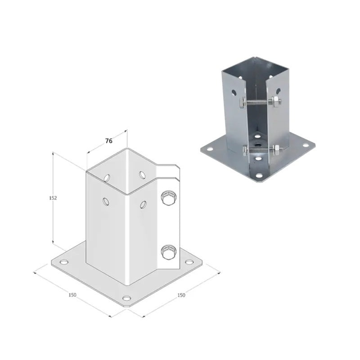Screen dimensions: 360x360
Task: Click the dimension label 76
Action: point(109,141)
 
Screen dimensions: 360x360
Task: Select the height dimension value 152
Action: point(53,198)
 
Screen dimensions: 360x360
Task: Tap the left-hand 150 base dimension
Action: point(72,295)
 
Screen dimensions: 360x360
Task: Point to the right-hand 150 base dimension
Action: point(181,295)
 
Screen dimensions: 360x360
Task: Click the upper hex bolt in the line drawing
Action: point(168,198)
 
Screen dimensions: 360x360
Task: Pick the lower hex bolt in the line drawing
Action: point(168,252)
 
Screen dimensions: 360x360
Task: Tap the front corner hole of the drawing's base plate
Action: point(126,298)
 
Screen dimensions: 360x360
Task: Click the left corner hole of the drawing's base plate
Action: point(64,262)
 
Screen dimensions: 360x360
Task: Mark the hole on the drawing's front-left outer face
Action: point(106,201)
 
